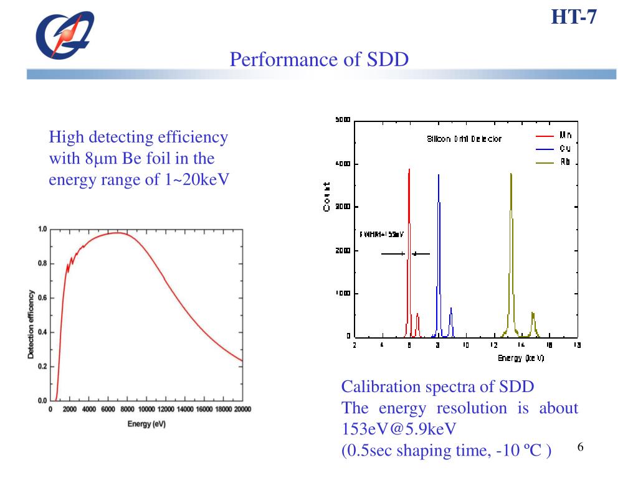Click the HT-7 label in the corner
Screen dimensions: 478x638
[574, 17]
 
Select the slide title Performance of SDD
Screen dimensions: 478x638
[319, 60]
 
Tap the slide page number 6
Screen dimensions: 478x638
[579, 448]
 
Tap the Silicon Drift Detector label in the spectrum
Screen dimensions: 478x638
[464, 139]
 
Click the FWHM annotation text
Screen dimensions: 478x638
[382, 235]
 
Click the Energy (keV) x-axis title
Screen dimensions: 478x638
[521, 358]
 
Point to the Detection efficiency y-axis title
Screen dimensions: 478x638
[31, 315]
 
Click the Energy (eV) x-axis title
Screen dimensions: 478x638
[146, 424]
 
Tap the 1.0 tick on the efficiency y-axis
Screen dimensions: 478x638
[42, 229]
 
